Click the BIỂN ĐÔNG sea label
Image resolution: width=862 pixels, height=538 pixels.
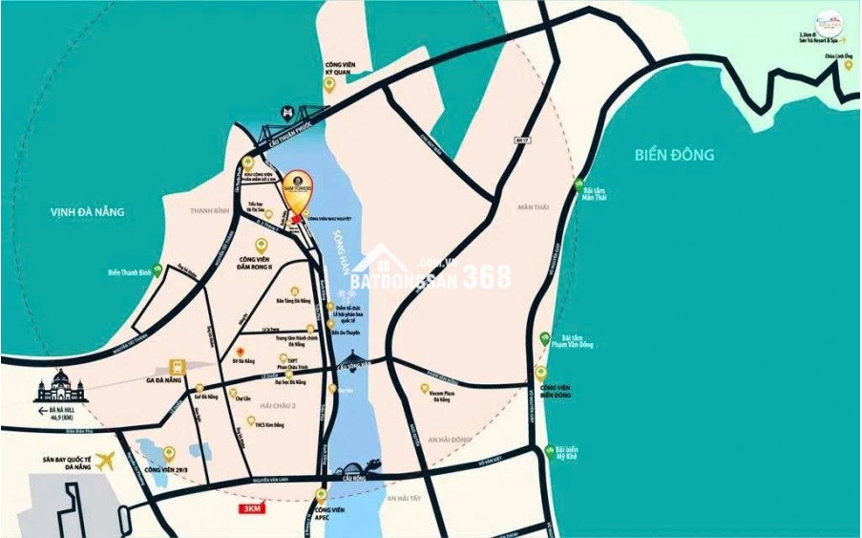(x=674, y=155)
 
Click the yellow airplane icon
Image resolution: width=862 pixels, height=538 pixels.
(x=105, y=461)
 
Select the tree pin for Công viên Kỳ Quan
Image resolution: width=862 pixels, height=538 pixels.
(x=329, y=84)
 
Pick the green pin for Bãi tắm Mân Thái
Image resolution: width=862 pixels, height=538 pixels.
(x=577, y=183)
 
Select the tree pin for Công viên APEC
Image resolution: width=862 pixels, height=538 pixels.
(x=322, y=495)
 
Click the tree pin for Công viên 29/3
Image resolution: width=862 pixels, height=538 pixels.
(x=169, y=452)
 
